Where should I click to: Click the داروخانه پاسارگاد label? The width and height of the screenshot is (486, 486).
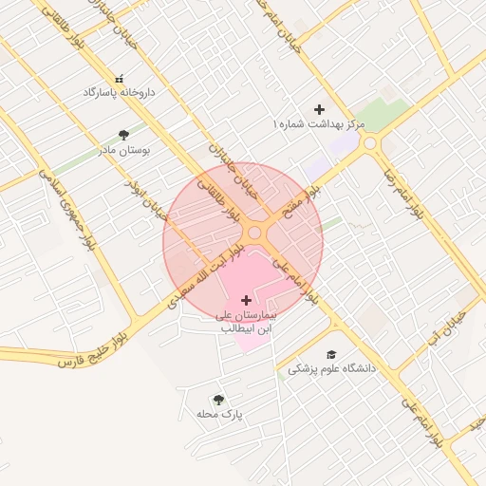click(119, 93)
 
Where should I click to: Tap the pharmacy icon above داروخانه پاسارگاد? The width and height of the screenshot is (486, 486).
click(119, 79)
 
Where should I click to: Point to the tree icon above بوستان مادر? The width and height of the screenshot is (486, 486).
click(124, 134)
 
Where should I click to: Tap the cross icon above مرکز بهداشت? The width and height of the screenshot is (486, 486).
click(319, 110)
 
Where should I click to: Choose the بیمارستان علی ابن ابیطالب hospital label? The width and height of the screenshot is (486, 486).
click(246, 321)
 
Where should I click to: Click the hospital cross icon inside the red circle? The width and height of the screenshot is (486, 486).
click(247, 300)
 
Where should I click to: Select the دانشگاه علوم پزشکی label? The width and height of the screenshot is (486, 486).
click(331, 367)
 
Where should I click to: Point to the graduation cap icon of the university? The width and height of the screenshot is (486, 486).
click(331, 353)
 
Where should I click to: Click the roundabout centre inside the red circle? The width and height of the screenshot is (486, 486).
click(254, 233)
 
